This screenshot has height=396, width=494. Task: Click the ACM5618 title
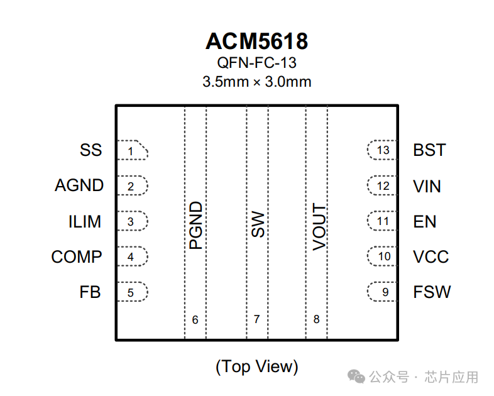(256, 41)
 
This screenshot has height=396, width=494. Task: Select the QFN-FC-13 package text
(256, 63)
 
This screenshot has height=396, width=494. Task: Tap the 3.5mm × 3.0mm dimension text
(256, 82)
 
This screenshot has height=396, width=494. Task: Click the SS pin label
(91, 151)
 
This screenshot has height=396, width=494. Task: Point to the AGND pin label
(79, 186)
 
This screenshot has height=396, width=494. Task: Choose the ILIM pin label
(85, 222)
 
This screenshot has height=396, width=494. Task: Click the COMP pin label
(77, 257)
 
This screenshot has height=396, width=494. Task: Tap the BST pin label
(429, 151)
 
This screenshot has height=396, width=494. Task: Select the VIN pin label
(427, 187)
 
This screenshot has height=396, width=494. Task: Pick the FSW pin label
(432, 292)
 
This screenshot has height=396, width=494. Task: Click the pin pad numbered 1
(132, 151)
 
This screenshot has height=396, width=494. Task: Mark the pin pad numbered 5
(132, 292)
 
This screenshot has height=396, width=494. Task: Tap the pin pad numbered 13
(382, 151)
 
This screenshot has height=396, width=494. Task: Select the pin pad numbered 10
(382, 257)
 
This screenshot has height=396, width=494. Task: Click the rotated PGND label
(196, 225)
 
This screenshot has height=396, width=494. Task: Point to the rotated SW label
(258, 224)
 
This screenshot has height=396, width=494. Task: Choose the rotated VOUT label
(319, 227)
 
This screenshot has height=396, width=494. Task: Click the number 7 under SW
(256, 319)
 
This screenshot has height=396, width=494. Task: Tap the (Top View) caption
(256, 366)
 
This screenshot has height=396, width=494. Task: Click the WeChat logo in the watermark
(357, 377)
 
